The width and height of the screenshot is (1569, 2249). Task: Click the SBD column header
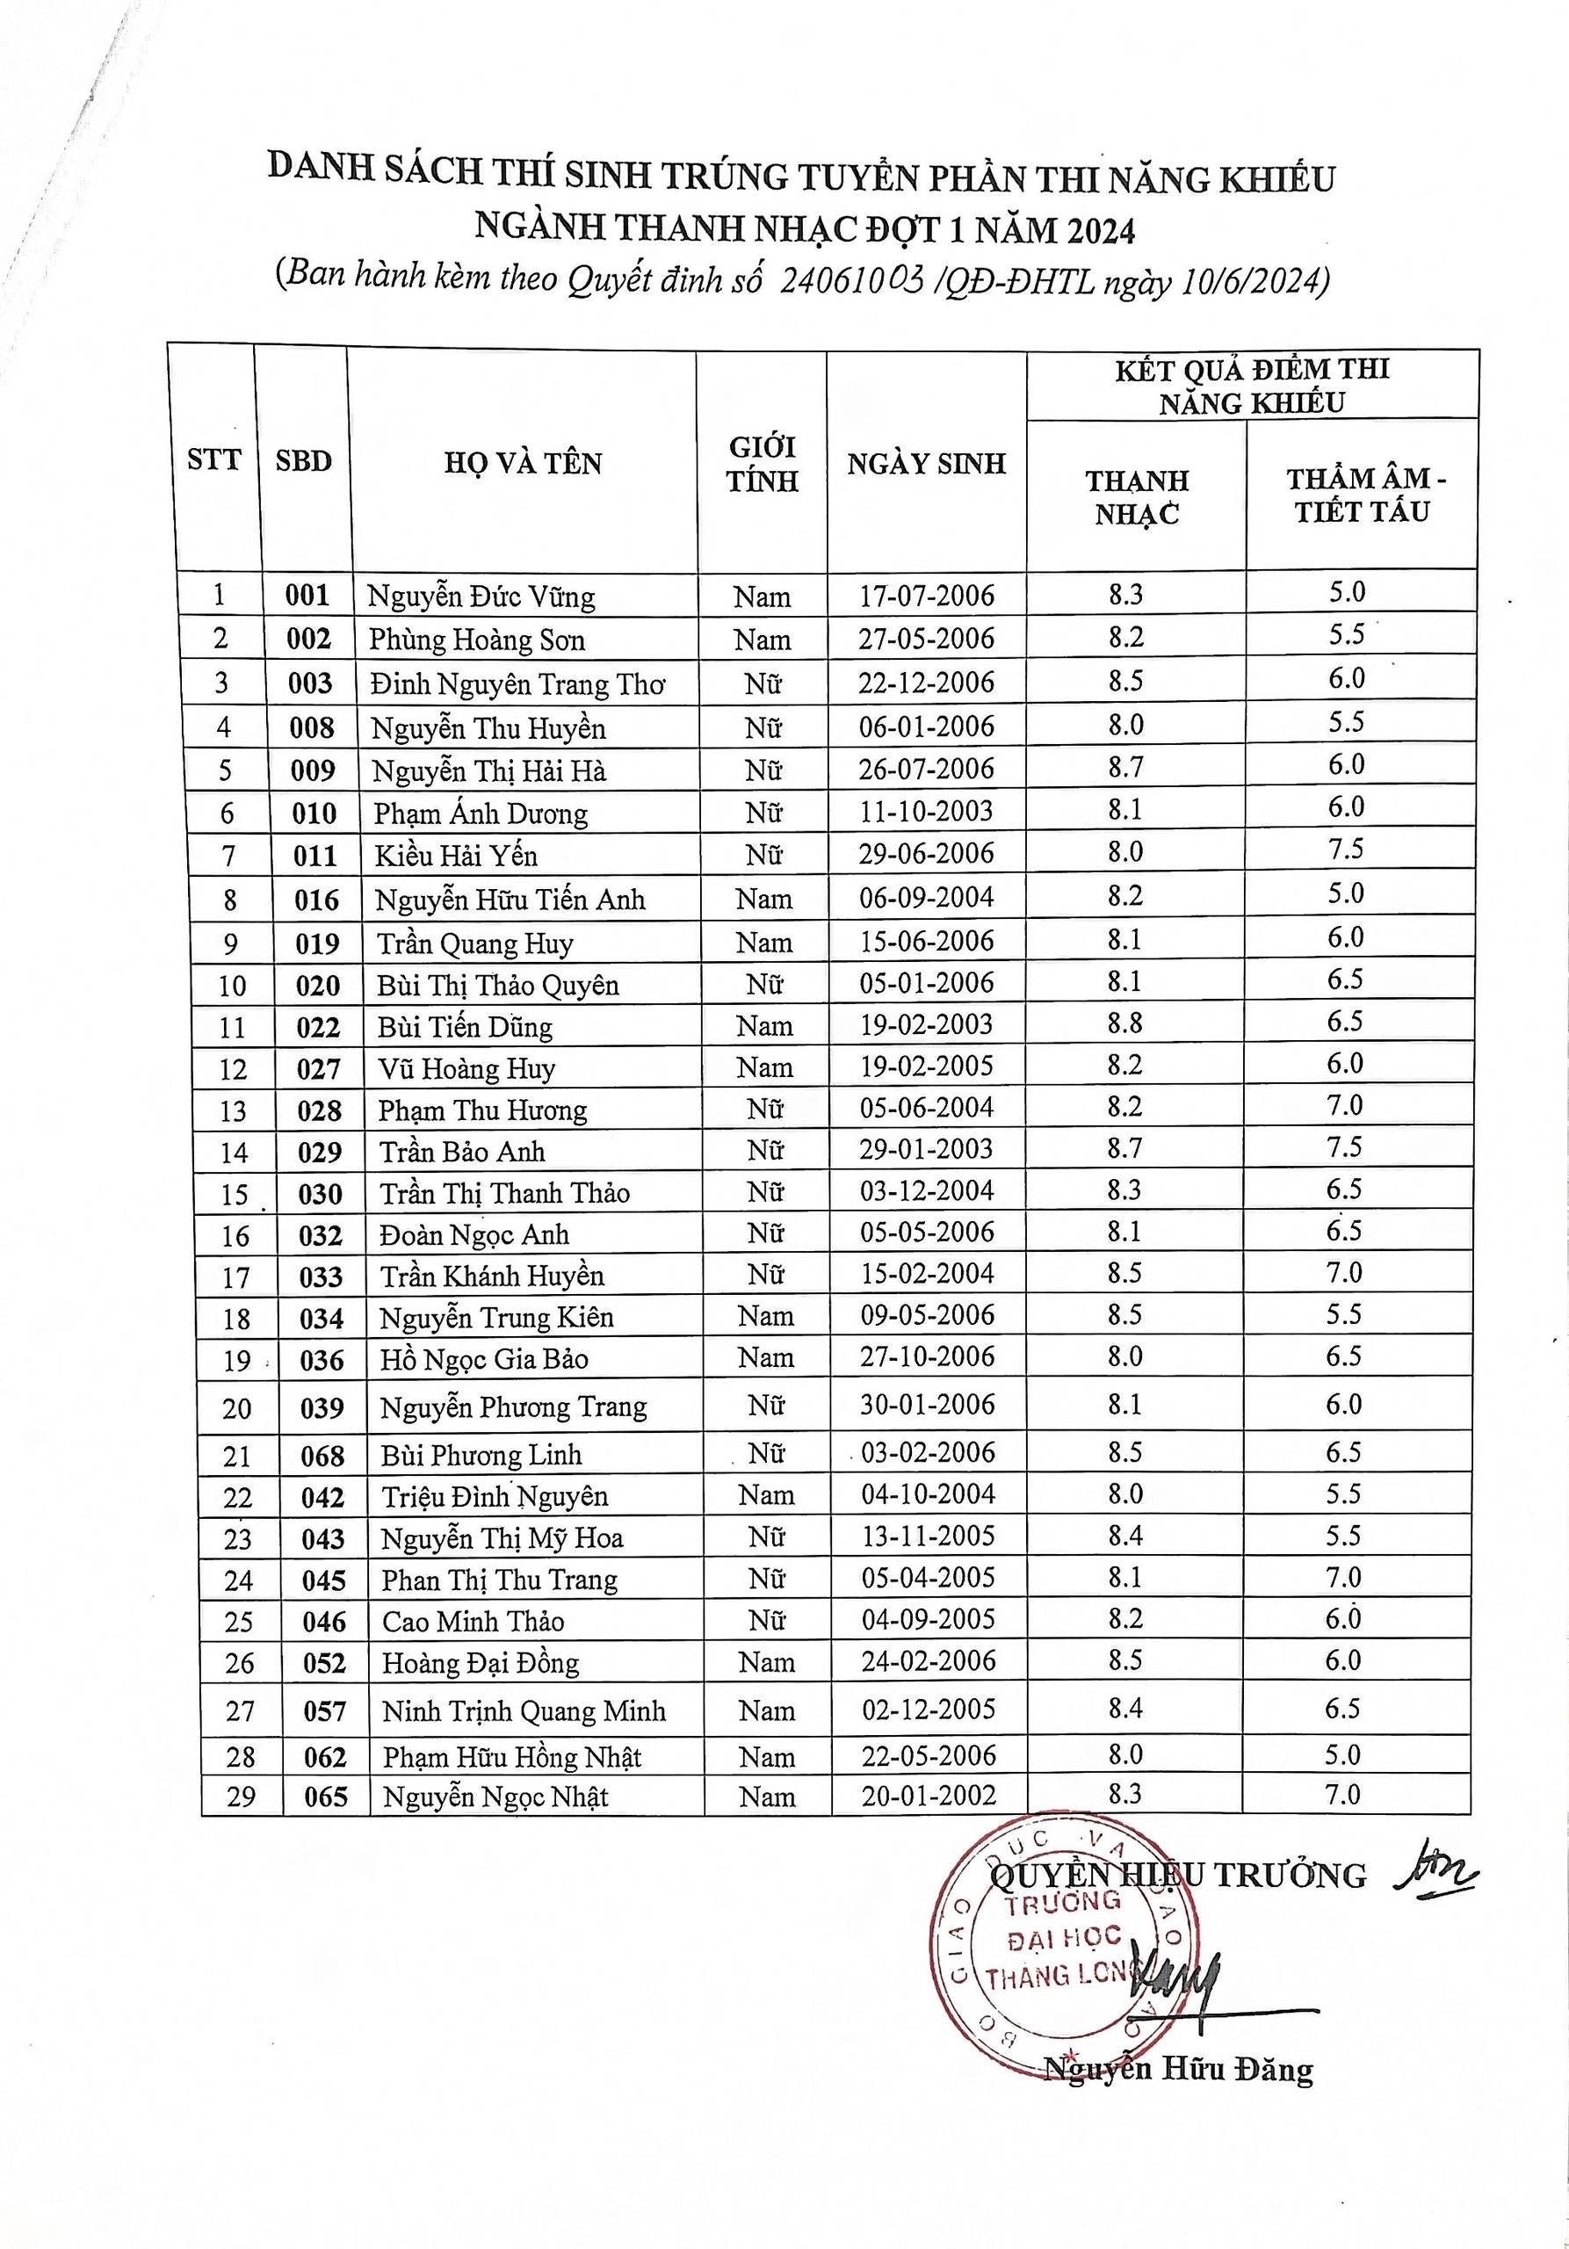(x=304, y=461)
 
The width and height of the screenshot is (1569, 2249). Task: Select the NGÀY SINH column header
(x=927, y=463)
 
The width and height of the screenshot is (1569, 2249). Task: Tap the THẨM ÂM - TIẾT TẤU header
(x=1363, y=495)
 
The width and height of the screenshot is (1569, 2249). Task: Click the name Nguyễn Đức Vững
(x=481, y=597)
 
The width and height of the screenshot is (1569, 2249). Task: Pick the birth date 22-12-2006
(x=927, y=683)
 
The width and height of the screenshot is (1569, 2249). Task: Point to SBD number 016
(x=316, y=900)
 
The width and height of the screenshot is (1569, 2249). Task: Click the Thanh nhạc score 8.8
(x=1125, y=1023)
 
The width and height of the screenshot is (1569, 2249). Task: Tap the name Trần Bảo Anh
(x=462, y=1152)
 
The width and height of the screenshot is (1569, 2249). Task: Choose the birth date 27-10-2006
(x=928, y=1357)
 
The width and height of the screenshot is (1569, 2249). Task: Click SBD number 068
(x=322, y=1457)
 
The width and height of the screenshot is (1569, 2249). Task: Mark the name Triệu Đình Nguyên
(x=495, y=1498)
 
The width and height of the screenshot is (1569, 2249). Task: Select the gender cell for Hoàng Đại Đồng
(x=767, y=1663)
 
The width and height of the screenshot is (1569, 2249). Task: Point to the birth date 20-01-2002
(x=929, y=1797)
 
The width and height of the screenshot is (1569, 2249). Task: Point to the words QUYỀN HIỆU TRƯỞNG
(x=1178, y=1875)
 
